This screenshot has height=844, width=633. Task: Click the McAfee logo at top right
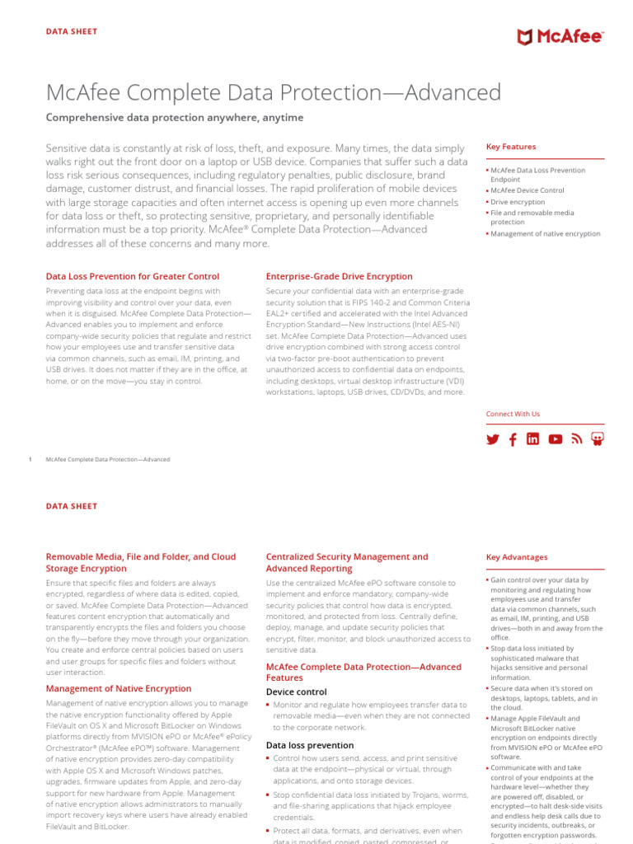pyautogui.click(x=560, y=37)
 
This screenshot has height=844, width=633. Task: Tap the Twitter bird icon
pyautogui.click(x=493, y=439)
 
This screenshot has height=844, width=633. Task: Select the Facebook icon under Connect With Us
pyautogui.click(x=513, y=439)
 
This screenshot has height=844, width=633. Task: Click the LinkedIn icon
pyautogui.click(x=533, y=439)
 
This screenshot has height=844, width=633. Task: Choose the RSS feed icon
pyautogui.click(x=577, y=439)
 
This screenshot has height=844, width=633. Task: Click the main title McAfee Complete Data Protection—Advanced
pyautogui.click(x=273, y=92)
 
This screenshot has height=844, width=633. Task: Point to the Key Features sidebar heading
pyautogui.click(x=511, y=147)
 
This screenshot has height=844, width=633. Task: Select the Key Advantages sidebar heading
pyautogui.click(x=517, y=557)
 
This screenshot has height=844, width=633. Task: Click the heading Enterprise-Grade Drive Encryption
pyautogui.click(x=339, y=276)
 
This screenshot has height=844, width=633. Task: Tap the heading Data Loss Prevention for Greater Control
pyautogui.click(x=133, y=276)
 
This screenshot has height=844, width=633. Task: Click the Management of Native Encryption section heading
pyautogui.click(x=119, y=688)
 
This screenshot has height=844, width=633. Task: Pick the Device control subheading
pyautogui.click(x=296, y=692)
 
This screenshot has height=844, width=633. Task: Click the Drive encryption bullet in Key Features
pyautogui.click(x=518, y=202)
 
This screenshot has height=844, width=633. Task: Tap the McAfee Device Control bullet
pyautogui.click(x=527, y=190)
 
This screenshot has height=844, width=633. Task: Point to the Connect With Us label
pyautogui.click(x=513, y=414)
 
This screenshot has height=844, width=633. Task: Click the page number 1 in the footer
pyautogui.click(x=30, y=459)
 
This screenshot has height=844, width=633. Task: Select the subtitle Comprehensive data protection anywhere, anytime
pyautogui.click(x=175, y=118)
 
